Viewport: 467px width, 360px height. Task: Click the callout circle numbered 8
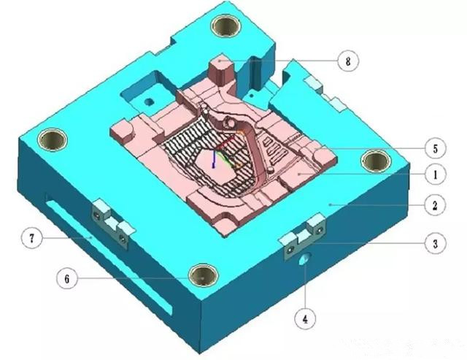[348, 61]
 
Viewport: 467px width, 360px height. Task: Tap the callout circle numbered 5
[435, 148]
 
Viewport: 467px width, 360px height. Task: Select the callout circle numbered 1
[435, 175]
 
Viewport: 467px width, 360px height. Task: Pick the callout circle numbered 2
[435, 205]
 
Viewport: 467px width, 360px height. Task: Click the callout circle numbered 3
[435, 243]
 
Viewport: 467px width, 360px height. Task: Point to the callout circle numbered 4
[305, 319]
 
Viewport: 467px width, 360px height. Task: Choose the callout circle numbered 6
[67, 279]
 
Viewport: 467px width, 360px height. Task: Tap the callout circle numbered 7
[32, 238]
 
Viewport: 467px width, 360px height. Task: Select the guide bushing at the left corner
[53, 139]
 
